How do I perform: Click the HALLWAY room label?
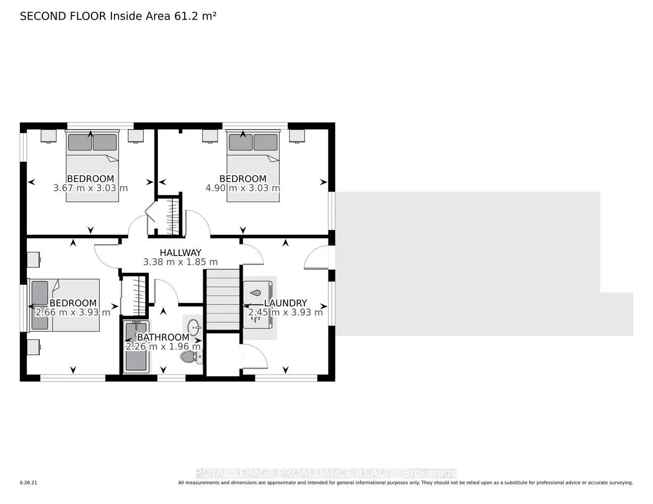(180, 253)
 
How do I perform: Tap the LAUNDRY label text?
(285, 303)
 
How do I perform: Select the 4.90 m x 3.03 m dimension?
(243, 188)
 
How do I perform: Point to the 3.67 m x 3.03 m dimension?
(90, 188)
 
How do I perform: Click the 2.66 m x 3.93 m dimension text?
(73, 312)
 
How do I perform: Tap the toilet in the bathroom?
(192, 357)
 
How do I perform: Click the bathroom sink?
(194, 327)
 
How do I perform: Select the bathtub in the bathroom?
(136, 347)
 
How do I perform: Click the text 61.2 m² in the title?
(195, 16)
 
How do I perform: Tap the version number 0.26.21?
(28, 483)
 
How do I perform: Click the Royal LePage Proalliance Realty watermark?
(326, 473)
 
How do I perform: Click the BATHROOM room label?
(163, 337)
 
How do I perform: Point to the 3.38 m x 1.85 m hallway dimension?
(180, 262)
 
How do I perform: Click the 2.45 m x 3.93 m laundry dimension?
(285, 312)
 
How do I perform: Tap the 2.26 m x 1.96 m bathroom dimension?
(163, 347)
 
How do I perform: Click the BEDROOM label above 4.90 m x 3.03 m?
(243, 179)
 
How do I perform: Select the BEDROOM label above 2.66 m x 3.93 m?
(73, 303)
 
